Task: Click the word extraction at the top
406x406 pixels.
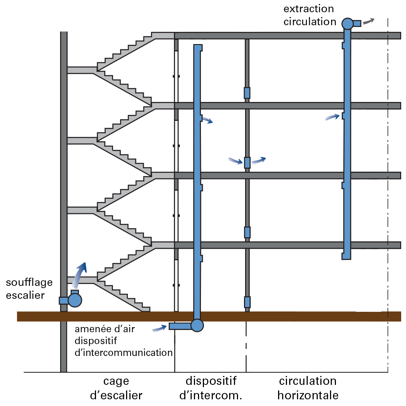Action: coord(308,9)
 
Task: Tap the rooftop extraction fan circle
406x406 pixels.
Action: coord(347,24)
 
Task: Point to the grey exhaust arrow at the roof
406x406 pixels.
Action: coord(368,21)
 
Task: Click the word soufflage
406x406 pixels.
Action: coord(29,283)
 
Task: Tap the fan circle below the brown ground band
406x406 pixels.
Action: coord(197,326)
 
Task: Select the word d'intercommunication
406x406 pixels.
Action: coord(124,352)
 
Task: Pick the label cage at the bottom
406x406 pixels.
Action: coord(116,381)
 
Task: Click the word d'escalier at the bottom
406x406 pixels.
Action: coord(116,395)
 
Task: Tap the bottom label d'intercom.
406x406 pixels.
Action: coord(211,395)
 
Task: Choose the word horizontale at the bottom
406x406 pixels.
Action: coord(308,395)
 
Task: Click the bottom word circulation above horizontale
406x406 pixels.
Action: coord(308,381)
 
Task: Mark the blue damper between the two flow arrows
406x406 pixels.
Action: coord(247,162)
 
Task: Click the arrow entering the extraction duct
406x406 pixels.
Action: coord(333,117)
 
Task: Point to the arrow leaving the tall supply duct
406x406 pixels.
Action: coord(208,121)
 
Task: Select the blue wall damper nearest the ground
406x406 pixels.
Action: coord(247,302)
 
